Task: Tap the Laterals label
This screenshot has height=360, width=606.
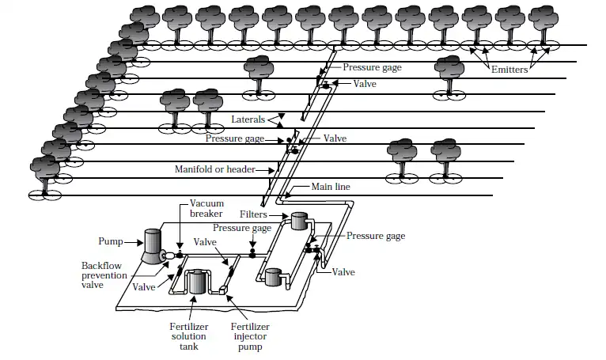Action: [249, 119]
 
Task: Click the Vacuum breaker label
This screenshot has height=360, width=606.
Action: [207, 209]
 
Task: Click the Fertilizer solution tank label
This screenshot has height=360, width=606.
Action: [187, 335]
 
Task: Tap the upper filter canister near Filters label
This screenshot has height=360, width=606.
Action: [299, 222]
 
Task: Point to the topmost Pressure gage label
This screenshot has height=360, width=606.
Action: [372, 68]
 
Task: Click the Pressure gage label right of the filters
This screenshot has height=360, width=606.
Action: [376, 236]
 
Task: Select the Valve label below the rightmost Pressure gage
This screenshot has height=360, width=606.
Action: [343, 272]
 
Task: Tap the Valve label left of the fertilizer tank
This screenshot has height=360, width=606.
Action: [144, 287]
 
